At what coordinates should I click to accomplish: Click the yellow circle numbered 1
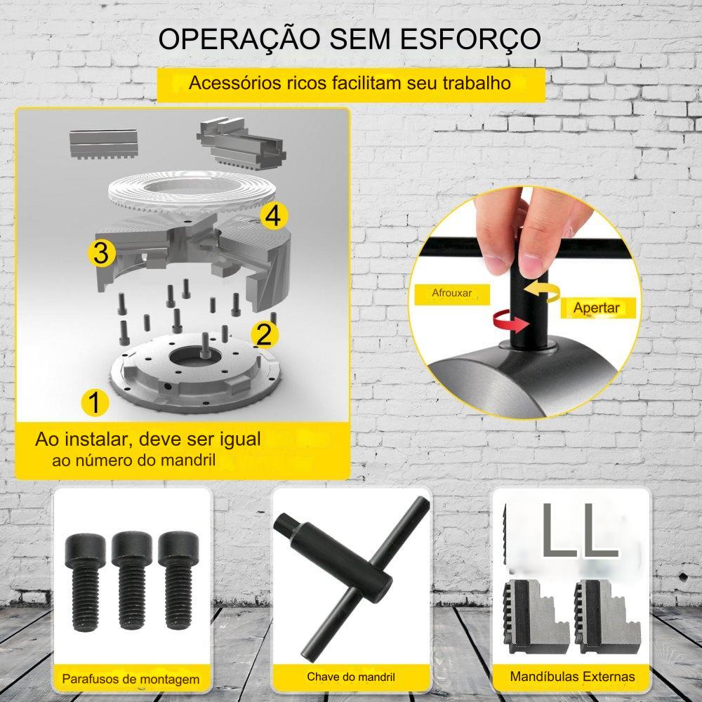[95, 402]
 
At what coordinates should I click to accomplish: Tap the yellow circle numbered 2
[264, 334]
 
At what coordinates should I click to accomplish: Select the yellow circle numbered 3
[102, 253]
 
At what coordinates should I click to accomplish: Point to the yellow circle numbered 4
[274, 216]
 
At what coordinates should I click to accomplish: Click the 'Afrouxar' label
[451, 293]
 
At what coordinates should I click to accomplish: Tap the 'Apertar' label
[596, 308]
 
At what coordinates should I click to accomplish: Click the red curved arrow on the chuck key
[510, 321]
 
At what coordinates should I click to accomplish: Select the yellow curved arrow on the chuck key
[542, 291]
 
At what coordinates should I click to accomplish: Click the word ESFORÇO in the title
[470, 39]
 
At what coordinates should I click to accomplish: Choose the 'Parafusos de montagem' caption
[131, 679]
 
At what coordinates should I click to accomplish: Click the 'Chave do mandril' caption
[351, 677]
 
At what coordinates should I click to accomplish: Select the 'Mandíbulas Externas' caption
[572, 677]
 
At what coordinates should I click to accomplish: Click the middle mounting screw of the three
[132, 581]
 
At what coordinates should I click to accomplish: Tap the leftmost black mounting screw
[86, 582]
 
